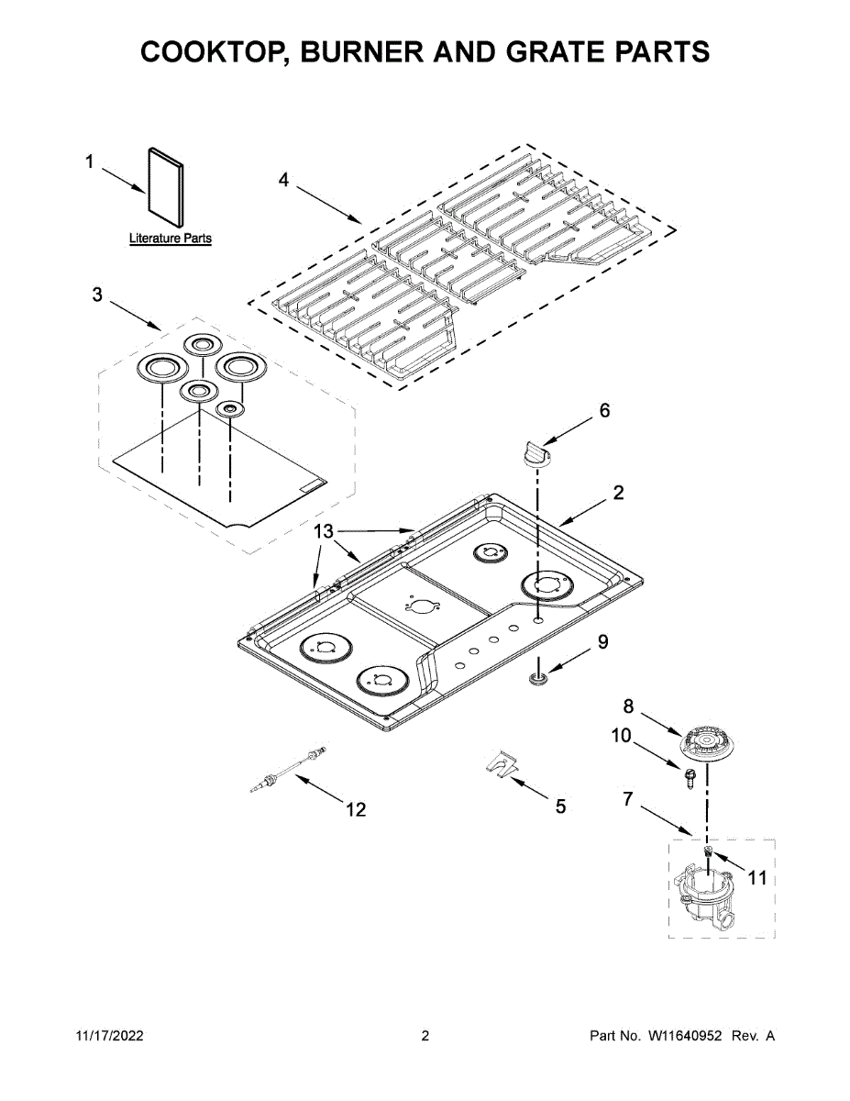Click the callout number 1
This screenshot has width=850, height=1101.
tap(90, 162)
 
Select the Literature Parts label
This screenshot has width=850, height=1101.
tap(170, 239)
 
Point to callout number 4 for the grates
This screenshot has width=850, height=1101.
tap(283, 181)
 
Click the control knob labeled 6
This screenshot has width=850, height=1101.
tap(536, 453)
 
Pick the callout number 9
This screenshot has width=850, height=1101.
tap(602, 642)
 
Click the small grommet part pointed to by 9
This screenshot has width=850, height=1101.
tap(538, 678)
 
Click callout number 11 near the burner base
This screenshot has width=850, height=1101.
tap(756, 878)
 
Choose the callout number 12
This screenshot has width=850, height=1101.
tap(355, 809)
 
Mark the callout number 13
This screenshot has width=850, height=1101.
tap(326, 531)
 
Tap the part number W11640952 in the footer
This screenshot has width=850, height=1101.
tap(686, 1036)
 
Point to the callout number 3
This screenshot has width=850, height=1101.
tap(97, 295)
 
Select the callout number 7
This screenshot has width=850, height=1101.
tap(628, 799)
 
